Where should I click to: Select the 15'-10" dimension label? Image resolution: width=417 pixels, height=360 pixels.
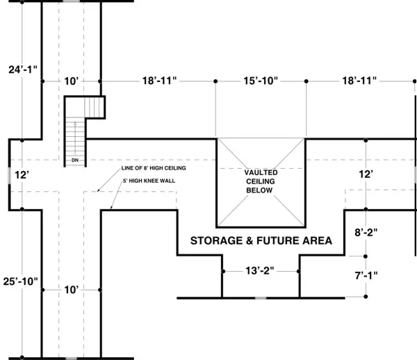click(x=261, y=81)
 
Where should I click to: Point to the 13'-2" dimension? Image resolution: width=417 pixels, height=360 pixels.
click(x=261, y=271)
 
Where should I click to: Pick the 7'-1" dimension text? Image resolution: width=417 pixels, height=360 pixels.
click(x=365, y=275)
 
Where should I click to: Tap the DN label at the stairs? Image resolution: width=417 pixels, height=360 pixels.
click(x=75, y=161)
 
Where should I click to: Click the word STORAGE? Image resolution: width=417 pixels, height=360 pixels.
click(x=220, y=240)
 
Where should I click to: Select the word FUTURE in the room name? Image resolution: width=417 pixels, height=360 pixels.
click(x=282, y=240)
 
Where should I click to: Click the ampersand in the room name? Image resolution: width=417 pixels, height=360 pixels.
click(x=256, y=240)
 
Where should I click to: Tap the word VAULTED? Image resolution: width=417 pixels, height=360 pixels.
click(x=261, y=172)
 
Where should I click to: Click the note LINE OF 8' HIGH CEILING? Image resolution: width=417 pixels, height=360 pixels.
click(x=154, y=169)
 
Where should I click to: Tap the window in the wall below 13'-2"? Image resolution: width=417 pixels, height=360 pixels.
click(x=261, y=298)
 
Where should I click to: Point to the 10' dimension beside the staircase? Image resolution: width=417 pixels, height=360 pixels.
click(x=72, y=81)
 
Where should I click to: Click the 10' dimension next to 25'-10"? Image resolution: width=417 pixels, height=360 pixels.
click(x=72, y=289)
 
